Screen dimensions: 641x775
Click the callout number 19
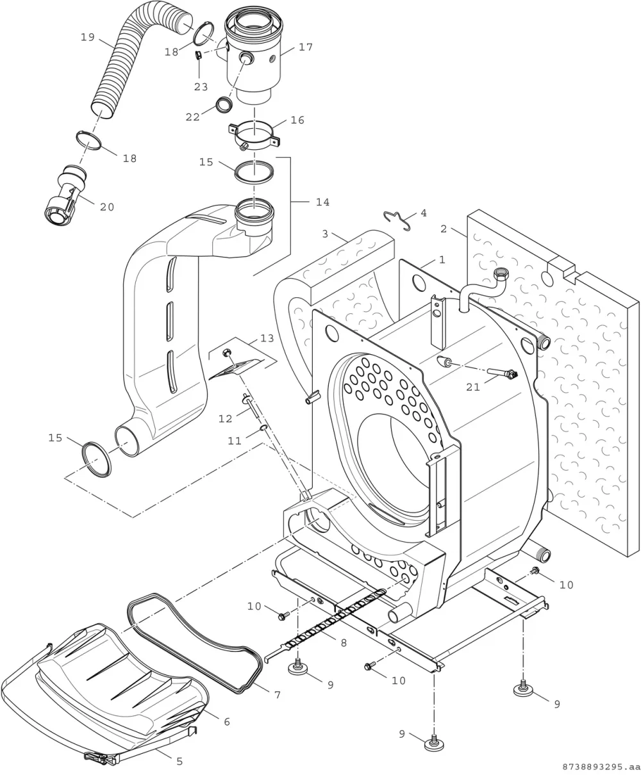88,38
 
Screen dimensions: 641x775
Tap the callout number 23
201,87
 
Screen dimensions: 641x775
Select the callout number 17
306,47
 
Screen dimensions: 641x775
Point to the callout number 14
322,202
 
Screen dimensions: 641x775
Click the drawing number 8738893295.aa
601,767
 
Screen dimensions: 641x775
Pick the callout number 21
473,387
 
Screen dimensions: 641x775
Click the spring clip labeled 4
397,220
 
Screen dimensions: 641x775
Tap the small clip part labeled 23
199,55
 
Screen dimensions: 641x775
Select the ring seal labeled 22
224,104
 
